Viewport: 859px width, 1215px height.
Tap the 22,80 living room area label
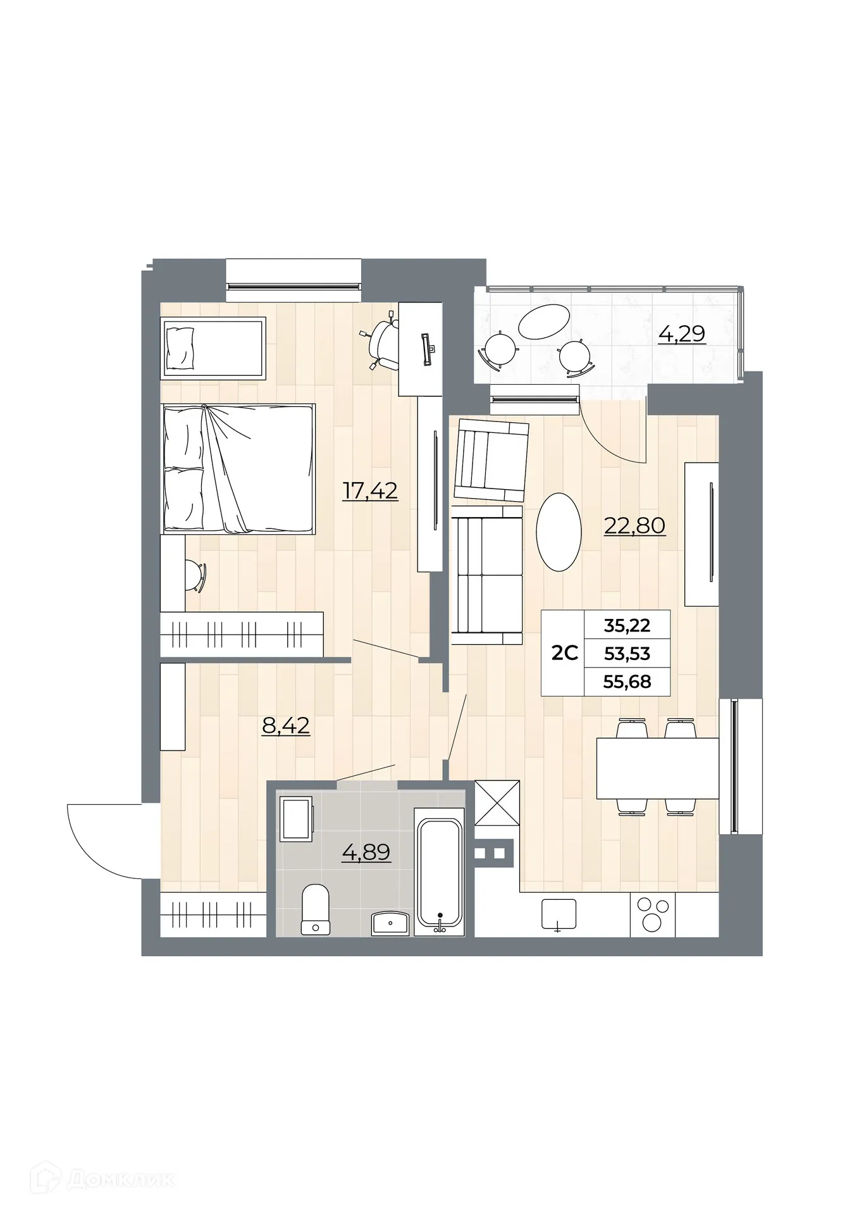[x=634, y=525]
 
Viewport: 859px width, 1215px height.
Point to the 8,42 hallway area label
[x=286, y=725]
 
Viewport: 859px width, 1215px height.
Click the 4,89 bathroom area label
[x=366, y=852]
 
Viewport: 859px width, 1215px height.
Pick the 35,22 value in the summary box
[x=627, y=625]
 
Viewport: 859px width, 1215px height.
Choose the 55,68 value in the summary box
[x=627, y=682]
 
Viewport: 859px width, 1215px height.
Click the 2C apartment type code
[x=564, y=653]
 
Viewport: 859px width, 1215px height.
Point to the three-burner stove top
[x=652, y=915]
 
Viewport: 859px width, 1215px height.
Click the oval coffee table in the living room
[x=559, y=532]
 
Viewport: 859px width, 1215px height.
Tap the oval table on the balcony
[x=543, y=321]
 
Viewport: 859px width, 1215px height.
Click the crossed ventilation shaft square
[x=497, y=803]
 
